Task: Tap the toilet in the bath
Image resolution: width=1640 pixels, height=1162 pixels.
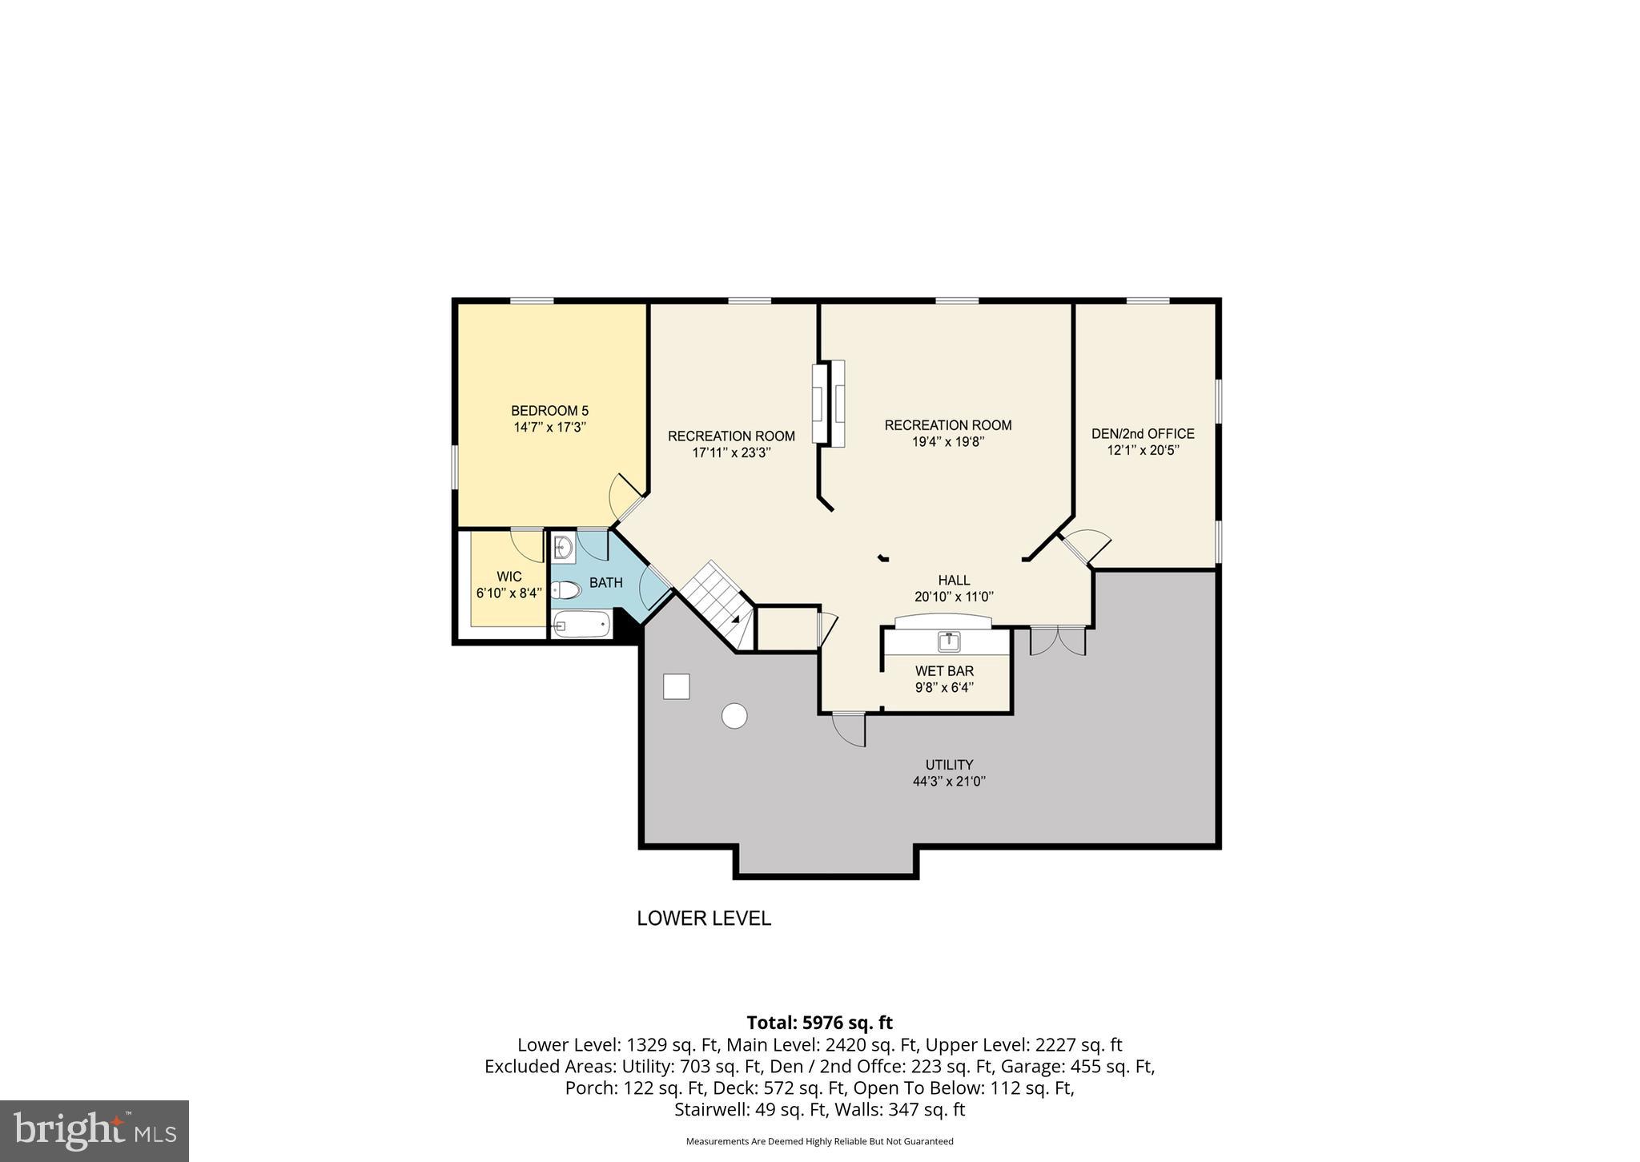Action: pyautogui.click(x=567, y=591)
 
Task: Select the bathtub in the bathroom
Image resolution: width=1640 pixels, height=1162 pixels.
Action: pyautogui.click(x=582, y=625)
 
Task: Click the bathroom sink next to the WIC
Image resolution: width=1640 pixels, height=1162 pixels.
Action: pyautogui.click(x=563, y=548)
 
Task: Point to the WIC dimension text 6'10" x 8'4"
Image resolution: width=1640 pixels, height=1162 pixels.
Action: pyautogui.click(x=508, y=593)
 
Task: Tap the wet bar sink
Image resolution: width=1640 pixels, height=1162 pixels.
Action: pyautogui.click(x=949, y=640)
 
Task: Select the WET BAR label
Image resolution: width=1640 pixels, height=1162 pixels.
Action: pyautogui.click(x=944, y=671)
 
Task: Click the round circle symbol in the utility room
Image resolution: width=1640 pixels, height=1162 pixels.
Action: pyautogui.click(x=734, y=715)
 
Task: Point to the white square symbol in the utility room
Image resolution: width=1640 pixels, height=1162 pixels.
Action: pyautogui.click(x=676, y=686)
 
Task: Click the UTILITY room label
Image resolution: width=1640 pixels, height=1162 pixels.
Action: pyautogui.click(x=949, y=765)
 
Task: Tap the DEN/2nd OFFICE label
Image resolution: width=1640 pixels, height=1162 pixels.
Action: pyautogui.click(x=1143, y=433)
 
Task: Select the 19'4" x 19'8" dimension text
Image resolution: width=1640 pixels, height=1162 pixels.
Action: pyautogui.click(x=947, y=441)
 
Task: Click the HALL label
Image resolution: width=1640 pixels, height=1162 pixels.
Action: pyautogui.click(x=954, y=580)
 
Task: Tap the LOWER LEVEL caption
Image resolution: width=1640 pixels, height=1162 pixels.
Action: pyautogui.click(x=704, y=919)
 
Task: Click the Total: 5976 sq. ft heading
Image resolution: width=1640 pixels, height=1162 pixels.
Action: pyautogui.click(x=819, y=1023)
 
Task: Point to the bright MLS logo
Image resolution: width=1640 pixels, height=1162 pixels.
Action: pyautogui.click(x=94, y=1131)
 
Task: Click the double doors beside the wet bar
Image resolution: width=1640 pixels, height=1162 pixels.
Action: pyautogui.click(x=1057, y=641)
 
